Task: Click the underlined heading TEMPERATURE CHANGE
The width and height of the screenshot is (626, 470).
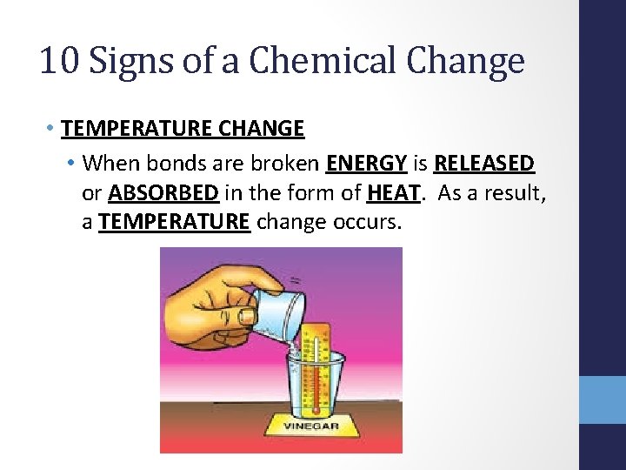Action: [x=183, y=129]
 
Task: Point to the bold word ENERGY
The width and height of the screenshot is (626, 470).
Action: [x=366, y=163]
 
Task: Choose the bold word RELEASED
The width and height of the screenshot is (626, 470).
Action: [x=483, y=163]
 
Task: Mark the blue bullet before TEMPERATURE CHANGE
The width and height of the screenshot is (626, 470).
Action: [x=53, y=129]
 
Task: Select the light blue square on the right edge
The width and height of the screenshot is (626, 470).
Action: [x=603, y=399]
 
